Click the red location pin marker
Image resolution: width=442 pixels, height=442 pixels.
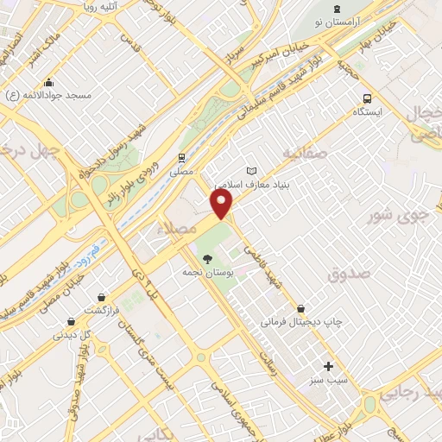[x=222, y=204]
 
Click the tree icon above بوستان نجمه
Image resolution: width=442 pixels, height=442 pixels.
[x=205, y=258]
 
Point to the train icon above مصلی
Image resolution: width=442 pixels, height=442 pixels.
[x=181, y=158]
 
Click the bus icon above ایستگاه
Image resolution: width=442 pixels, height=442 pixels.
[x=369, y=98]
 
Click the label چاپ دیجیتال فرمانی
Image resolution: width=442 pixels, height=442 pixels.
[x=301, y=322]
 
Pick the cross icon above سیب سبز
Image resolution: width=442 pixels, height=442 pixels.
[x=328, y=366]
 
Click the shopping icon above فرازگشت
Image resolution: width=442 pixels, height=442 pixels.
[x=102, y=296]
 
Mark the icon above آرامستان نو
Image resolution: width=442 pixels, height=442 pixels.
[x=337, y=9]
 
